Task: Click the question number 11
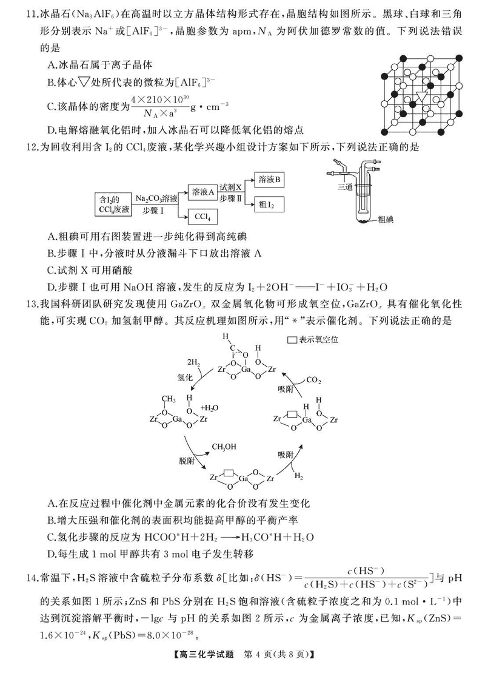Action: (x=19, y=12)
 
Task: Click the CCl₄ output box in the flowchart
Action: (x=204, y=217)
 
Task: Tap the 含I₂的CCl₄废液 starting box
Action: (x=113, y=204)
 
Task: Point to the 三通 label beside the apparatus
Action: (x=345, y=188)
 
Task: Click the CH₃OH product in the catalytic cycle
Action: (x=224, y=447)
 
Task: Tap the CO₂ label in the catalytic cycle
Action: (x=313, y=381)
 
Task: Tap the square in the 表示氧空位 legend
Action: (x=291, y=340)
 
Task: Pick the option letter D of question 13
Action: (x=51, y=553)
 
